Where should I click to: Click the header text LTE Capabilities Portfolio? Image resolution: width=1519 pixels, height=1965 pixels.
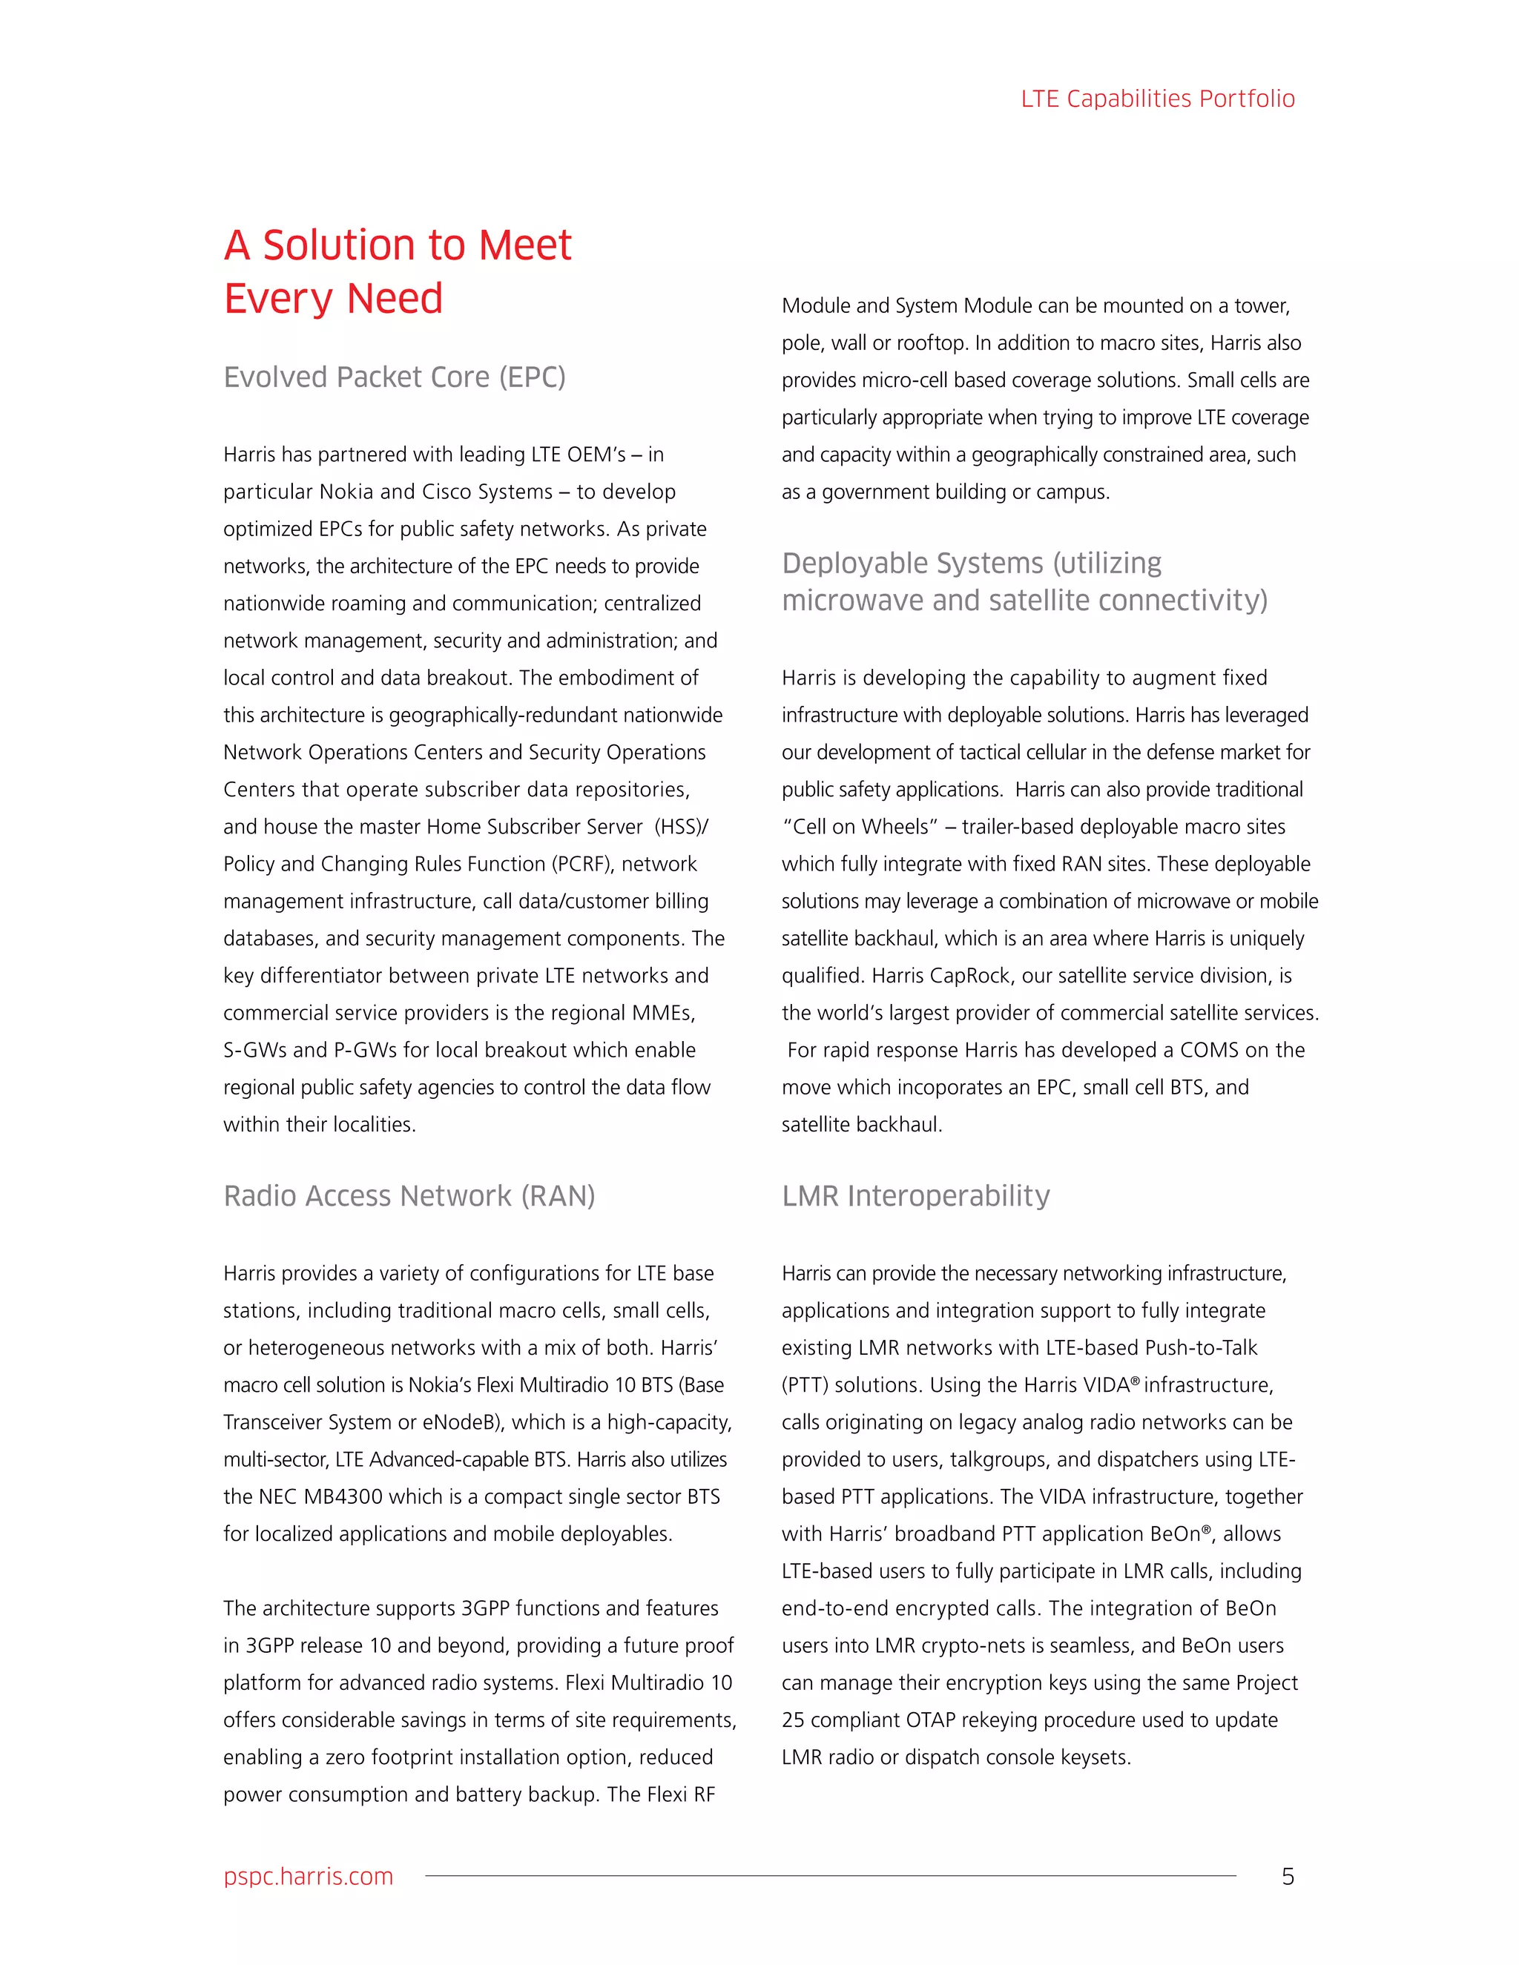coord(1157,99)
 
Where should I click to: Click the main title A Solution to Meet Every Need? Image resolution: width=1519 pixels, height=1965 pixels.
coord(397,271)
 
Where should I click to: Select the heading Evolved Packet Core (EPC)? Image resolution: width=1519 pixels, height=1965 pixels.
coord(394,377)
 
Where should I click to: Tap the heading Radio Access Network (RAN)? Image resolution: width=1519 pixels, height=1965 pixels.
coord(409,1196)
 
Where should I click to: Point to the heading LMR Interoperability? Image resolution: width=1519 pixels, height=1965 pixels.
coord(915,1196)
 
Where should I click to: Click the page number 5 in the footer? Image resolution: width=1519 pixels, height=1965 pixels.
coord(1288,1876)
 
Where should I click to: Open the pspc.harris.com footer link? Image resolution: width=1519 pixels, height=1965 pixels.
coord(308,1876)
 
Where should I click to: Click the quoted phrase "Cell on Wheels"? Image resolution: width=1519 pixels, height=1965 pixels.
coord(860,827)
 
